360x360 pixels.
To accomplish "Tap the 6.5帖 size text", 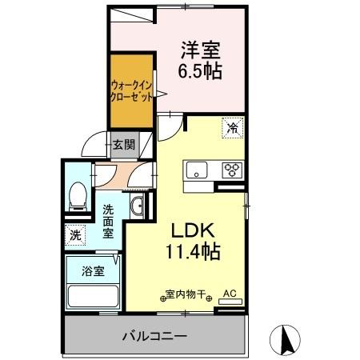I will pos(200,70).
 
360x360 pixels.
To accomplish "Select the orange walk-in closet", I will pos(130,90).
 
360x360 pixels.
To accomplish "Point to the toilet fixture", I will pos(78,194).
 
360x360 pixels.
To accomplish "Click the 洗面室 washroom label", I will pos(111,218).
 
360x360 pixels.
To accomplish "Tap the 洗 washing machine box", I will pos(75,236).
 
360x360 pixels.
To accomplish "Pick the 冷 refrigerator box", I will pos(233,127).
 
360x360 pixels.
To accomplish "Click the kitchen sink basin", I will pos(196,170).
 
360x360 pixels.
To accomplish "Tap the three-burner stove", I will pos(233,170).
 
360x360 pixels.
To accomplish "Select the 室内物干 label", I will pos(189,294).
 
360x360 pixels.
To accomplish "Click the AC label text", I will pos(230,293).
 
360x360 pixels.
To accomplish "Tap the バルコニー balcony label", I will pos(154,334).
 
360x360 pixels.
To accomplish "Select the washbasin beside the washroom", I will pos(137,206).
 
